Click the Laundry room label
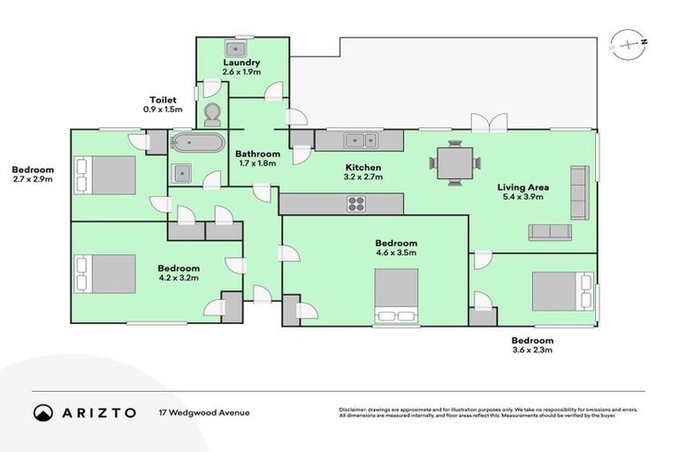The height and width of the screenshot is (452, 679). pos(241,63)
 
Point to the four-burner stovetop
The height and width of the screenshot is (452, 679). pos(356,204)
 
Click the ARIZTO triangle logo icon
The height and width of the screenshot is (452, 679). pos(43,412)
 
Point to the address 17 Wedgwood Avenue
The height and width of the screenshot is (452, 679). pos(204,412)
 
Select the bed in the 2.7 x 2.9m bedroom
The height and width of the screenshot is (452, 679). pos(105,175)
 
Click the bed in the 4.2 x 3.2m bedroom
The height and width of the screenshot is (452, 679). pos(105,273)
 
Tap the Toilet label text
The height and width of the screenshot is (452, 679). pos(163,101)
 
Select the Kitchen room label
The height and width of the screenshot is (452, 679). pos(363,168)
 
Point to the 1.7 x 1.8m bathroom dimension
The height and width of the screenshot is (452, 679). pos(257,163)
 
